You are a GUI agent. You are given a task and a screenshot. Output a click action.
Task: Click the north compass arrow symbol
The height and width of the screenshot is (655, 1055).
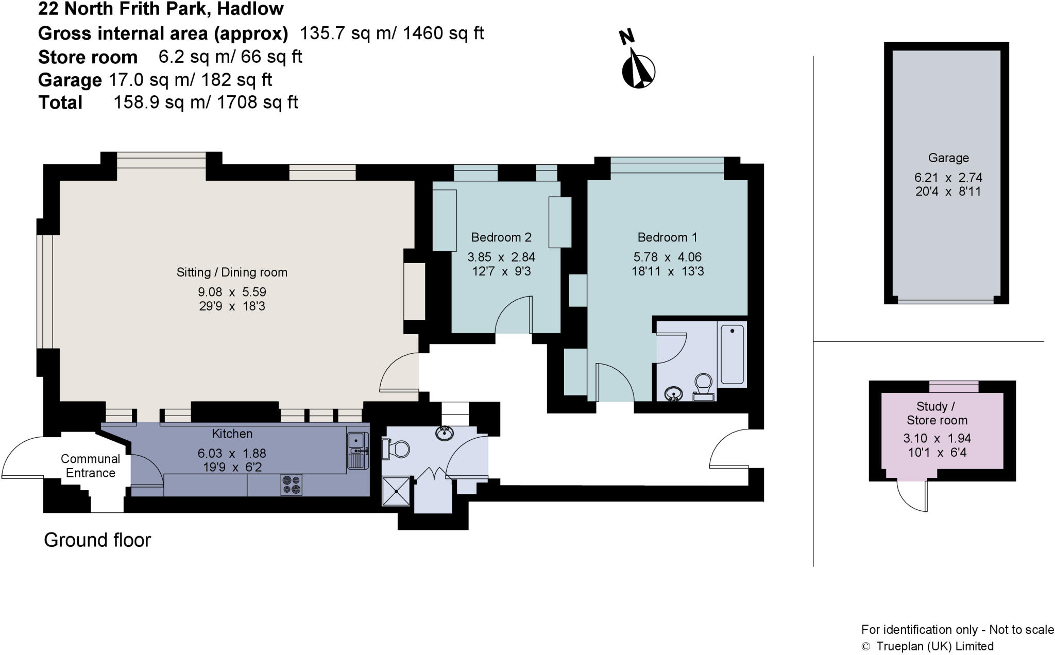(638, 70)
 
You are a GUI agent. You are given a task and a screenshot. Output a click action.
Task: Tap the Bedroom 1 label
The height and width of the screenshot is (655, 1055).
(667, 237)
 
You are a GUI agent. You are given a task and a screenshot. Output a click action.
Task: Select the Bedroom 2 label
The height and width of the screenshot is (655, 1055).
(501, 237)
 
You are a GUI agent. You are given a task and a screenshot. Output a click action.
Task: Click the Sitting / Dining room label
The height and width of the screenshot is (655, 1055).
(232, 272)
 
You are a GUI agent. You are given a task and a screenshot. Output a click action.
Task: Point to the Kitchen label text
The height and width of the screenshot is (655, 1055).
(232, 434)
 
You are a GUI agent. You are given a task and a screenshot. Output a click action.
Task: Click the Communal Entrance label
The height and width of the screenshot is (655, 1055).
(90, 466)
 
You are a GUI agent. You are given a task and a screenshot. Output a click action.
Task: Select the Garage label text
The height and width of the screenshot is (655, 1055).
(948, 158)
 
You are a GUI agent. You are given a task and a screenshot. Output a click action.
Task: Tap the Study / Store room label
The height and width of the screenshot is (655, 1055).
(937, 413)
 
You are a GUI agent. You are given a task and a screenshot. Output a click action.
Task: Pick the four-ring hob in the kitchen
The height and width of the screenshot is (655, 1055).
(291, 485)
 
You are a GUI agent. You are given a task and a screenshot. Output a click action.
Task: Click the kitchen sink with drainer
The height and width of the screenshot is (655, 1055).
(358, 451)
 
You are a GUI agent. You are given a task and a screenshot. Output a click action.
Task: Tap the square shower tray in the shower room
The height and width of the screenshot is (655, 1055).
(396, 491)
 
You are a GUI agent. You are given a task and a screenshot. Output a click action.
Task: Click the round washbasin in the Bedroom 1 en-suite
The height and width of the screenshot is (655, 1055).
(673, 394)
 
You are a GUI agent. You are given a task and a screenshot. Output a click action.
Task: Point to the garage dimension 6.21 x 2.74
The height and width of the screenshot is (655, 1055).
(948, 178)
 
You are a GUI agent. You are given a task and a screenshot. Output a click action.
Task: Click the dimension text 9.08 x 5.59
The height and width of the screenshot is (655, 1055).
(232, 292)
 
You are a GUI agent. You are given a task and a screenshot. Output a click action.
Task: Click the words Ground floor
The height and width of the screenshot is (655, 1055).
(97, 540)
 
